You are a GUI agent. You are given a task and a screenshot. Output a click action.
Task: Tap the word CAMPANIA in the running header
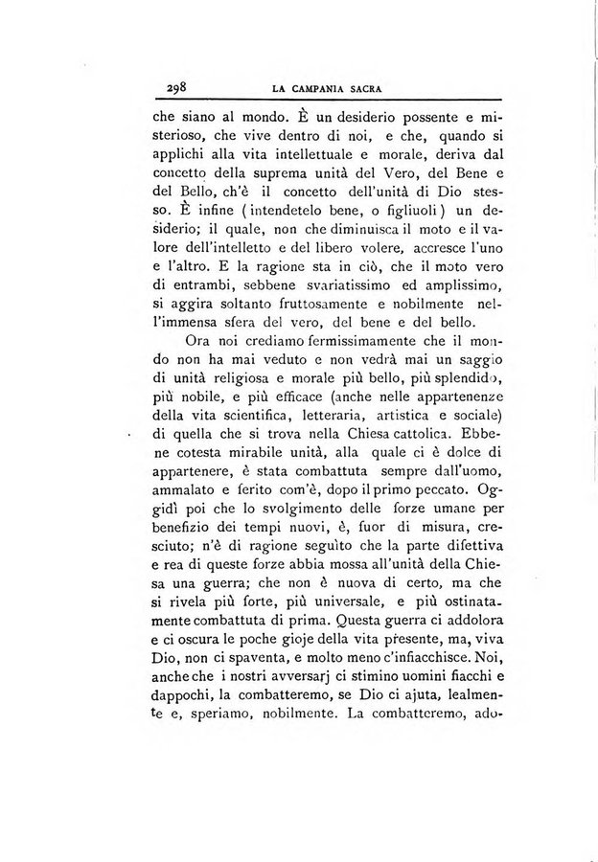click(x=315, y=89)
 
